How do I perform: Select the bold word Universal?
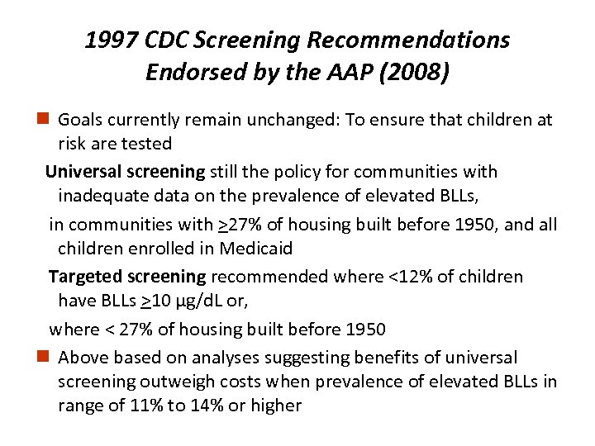tap(82, 172)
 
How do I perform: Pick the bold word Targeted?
tap(84, 277)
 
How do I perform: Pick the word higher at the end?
tap(277, 406)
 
